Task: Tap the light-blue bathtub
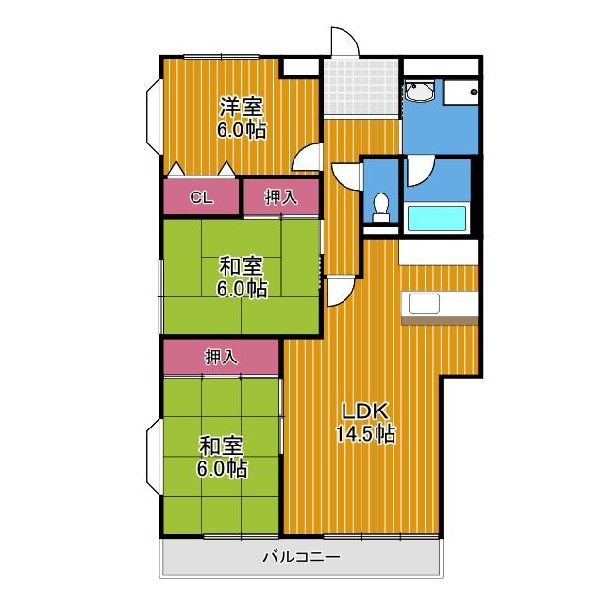[x=437, y=219]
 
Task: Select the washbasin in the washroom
[x=419, y=91]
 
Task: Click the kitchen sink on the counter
[x=424, y=304]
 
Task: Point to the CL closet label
[x=201, y=198]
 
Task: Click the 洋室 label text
[x=242, y=107]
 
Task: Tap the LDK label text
[x=365, y=412]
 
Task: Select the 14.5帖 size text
[x=365, y=434]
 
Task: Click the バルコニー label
[x=302, y=557]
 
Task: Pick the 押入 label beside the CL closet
[x=281, y=197]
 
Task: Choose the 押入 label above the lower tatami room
[x=221, y=357]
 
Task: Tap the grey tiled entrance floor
[x=361, y=87]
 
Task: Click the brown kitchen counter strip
[x=440, y=321]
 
